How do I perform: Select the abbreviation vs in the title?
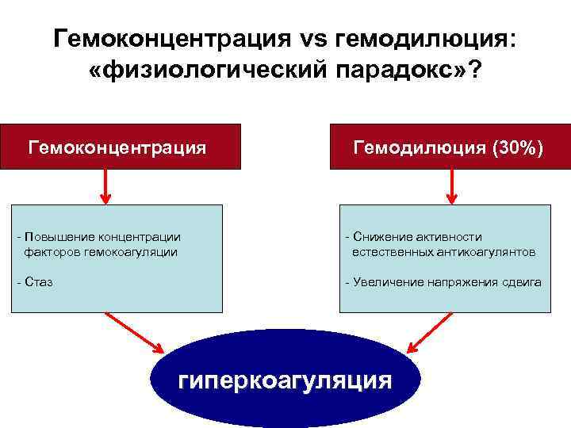pos(313,37)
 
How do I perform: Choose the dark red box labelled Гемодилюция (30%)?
pos(450,147)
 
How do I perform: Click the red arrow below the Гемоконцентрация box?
pos(105,186)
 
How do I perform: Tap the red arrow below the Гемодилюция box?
pos(451,186)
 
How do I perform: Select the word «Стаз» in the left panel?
pos(39,282)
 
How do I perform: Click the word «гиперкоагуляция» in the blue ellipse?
pos(285,380)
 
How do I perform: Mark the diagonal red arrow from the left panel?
pos(135,333)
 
